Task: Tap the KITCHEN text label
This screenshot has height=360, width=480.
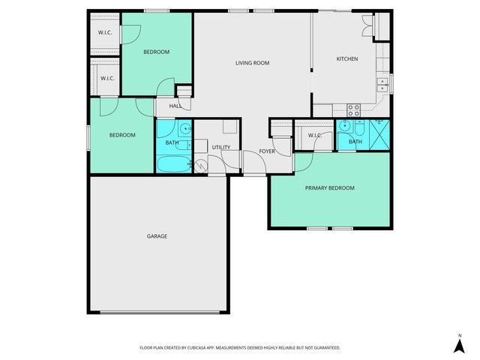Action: (x=346, y=58)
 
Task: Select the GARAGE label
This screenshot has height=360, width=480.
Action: (x=157, y=236)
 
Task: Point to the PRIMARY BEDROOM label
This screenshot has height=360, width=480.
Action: (x=329, y=188)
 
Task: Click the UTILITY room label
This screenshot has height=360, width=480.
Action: (x=220, y=147)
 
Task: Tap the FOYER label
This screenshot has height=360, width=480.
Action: (x=267, y=151)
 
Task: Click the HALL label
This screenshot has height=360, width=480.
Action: (x=175, y=106)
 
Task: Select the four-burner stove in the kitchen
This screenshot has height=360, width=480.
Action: (x=353, y=109)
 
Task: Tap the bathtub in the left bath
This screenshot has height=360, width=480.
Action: (x=173, y=163)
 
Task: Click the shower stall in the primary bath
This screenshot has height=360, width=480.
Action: (x=379, y=134)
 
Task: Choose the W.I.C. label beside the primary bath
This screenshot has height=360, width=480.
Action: (x=314, y=136)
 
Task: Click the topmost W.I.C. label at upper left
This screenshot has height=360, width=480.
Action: (x=104, y=32)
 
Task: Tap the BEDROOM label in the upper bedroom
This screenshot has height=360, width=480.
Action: (x=157, y=52)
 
